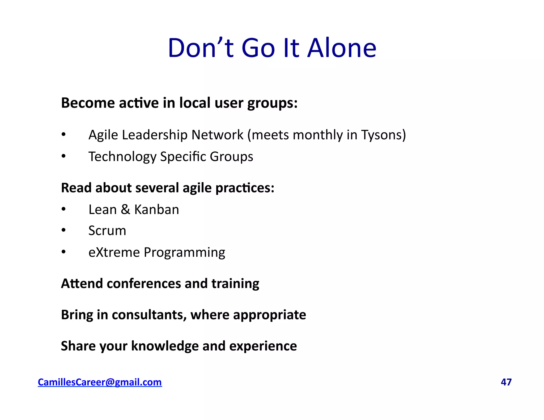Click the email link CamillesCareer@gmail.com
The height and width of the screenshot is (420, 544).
pyautogui.click(x=100, y=382)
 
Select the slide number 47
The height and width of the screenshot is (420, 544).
pyautogui.click(x=506, y=382)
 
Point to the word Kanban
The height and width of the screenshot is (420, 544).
pyautogui.click(x=156, y=209)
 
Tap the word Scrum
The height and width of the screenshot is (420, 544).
pyautogui.click(x=107, y=230)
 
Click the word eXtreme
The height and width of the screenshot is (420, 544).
pyautogui.click(x=114, y=252)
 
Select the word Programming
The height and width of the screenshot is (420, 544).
pyautogui.click(x=184, y=253)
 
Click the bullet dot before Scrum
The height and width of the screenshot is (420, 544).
pyautogui.click(x=63, y=230)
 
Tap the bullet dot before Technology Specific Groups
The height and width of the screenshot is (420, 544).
pyautogui.click(x=63, y=156)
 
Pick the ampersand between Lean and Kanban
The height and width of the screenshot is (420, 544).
pyautogui.click(x=125, y=209)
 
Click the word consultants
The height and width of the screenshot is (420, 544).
pyautogui.click(x=149, y=315)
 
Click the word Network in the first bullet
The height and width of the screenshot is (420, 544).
pyautogui.click(x=217, y=135)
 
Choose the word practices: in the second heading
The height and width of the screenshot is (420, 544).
pyautogui.click(x=245, y=188)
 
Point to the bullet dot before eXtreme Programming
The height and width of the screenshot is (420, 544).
pyautogui.click(x=63, y=252)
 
